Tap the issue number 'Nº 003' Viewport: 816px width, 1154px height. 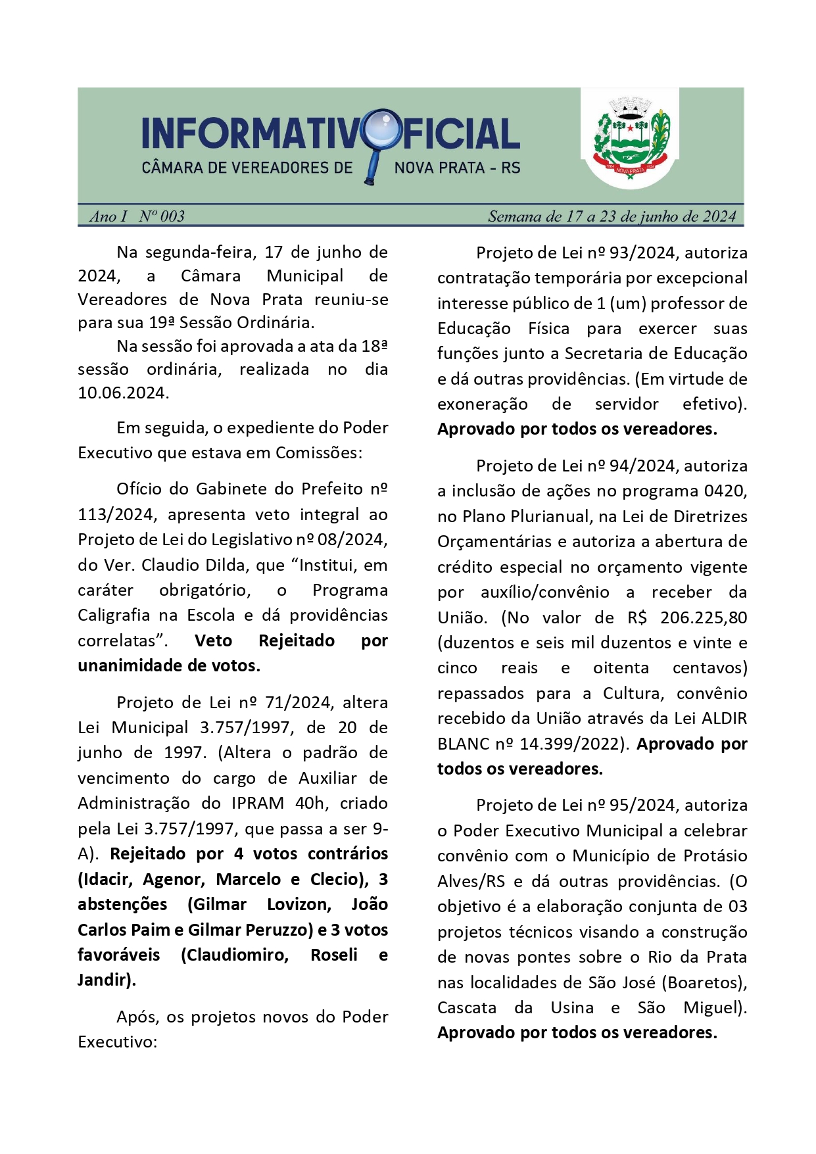coord(162,216)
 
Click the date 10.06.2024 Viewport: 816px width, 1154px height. coord(123,393)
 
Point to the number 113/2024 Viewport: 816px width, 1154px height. coord(115,514)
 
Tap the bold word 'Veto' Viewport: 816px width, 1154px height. coord(214,641)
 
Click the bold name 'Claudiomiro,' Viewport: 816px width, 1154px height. coord(235,955)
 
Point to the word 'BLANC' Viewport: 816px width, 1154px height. coord(462,744)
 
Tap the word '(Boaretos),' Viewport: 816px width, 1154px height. coord(704,983)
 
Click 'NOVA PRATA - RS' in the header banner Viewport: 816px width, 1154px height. coord(457,168)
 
